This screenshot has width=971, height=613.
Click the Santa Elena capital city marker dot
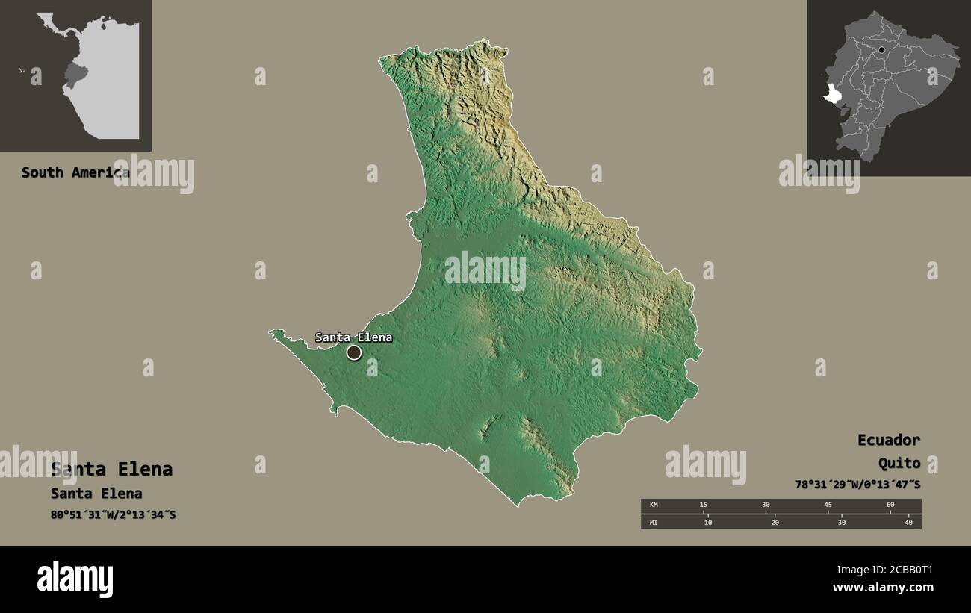[x=354, y=352]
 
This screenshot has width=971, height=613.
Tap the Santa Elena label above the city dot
[x=353, y=337]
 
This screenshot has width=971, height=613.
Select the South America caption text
[x=75, y=172]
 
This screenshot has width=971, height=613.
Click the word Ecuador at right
[x=888, y=440]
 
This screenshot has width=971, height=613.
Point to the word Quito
[x=899, y=464]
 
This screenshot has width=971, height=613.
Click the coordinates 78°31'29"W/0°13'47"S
[x=857, y=485]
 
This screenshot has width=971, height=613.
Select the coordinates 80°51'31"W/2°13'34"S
[x=113, y=514]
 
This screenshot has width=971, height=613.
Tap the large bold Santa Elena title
[x=111, y=470]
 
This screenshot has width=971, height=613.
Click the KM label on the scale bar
[x=653, y=505]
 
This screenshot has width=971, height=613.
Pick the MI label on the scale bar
[x=653, y=522]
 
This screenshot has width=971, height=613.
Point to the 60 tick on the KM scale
[x=890, y=505]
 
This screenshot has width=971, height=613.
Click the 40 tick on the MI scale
[x=908, y=522]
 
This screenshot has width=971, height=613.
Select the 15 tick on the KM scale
[x=703, y=505]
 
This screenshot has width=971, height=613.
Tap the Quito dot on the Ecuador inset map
[x=882, y=51]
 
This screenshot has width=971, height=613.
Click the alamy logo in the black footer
[x=75, y=579]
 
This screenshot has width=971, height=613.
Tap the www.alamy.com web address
[x=884, y=588]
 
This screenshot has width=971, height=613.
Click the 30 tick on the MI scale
[x=842, y=522]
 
